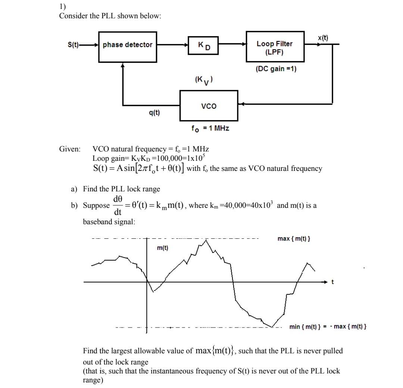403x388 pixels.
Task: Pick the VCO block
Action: (209, 106)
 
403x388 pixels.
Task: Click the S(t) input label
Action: (73, 45)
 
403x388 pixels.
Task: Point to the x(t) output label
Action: (323, 38)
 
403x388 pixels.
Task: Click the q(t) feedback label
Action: (154, 112)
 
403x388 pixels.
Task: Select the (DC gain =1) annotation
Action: (276, 69)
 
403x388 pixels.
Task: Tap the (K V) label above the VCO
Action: (204, 79)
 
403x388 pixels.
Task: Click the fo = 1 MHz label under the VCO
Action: (210, 128)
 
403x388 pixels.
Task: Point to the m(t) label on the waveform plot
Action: (162, 248)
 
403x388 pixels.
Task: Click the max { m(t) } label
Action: (294, 239)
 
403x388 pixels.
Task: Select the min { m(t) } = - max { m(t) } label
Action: (328, 327)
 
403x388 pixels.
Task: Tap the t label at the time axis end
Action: (333, 282)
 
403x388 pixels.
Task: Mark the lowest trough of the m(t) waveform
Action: (272, 327)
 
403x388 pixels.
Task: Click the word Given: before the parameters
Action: (70, 149)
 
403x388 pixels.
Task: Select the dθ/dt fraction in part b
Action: (118, 205)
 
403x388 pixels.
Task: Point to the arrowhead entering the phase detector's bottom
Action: (122, 65)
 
